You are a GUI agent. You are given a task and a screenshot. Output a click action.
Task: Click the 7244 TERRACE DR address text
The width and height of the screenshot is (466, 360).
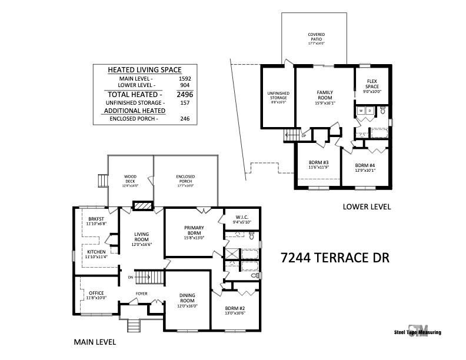335,258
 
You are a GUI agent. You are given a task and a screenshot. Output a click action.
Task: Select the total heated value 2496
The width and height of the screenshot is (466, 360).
185,94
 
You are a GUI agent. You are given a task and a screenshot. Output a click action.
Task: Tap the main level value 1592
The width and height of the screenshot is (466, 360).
185,78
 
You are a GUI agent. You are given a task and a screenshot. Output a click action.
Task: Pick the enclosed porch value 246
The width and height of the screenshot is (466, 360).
185,119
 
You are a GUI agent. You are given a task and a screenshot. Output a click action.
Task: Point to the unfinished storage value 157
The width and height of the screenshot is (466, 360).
185,102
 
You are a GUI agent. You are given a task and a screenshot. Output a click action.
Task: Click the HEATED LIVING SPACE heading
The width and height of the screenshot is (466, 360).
144,69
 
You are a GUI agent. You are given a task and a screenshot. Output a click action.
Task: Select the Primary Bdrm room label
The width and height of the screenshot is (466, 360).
194,230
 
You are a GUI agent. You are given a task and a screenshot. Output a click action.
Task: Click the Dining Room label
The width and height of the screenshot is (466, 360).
188,300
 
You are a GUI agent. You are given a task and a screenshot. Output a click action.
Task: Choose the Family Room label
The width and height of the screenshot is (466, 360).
325,95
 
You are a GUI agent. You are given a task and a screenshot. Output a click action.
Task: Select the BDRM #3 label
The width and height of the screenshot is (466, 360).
318,165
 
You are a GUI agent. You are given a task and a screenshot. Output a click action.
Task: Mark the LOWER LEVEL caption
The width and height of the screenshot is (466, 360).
367,207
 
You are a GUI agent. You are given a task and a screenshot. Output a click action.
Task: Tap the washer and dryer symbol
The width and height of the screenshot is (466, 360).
365,110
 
